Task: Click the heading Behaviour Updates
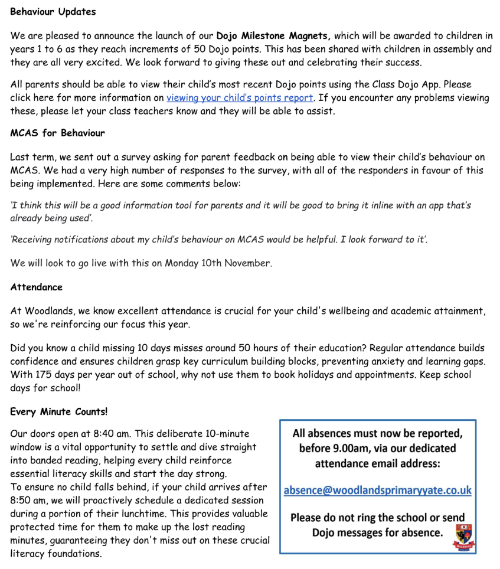coord(53,12)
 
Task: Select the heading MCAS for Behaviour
coord(57,133)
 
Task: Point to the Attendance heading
coord(36,287)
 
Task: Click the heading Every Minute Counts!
coord(58,411)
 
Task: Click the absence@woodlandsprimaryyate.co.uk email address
coord(377,490)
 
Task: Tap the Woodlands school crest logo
coord(463,536)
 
